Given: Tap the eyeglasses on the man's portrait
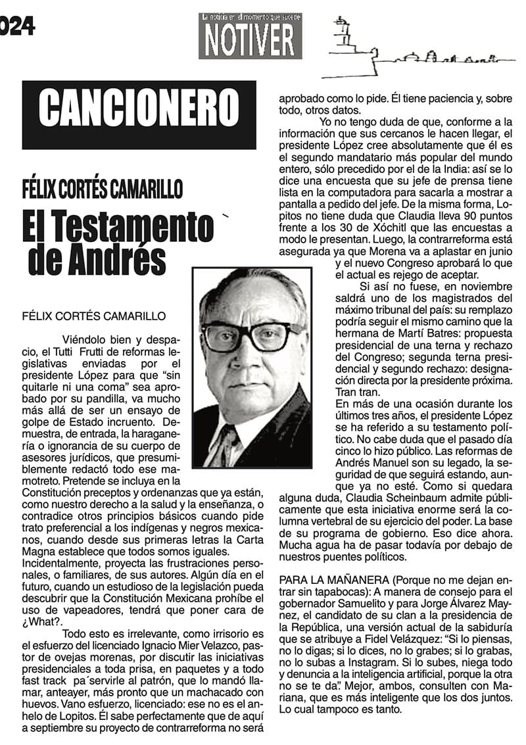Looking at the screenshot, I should (x=252, y=334).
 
